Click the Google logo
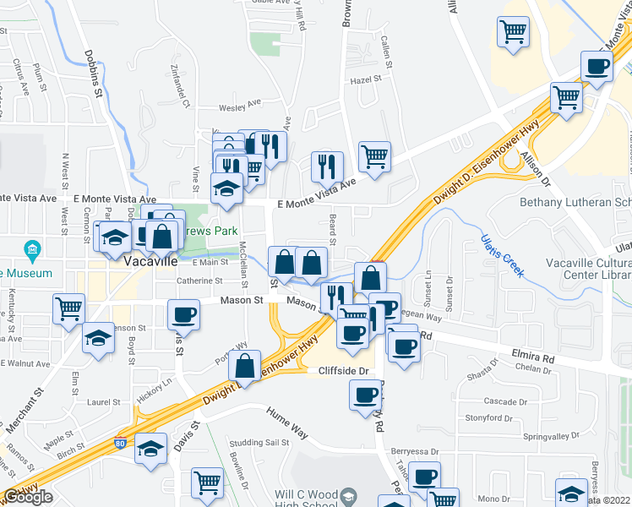[x=28, y=497]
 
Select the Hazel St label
[x=366, y=80]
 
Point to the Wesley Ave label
[x=240, y=106]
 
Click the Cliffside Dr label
[x=345, y=371]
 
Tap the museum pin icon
[x=33, y=249]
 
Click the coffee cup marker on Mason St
[x=183, y=316]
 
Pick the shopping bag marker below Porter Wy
[x=244, y=367]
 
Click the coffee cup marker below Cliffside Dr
[x=366, y=395]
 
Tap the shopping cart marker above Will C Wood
[x=207, y=483]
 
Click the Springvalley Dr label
[x=552, y=437]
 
